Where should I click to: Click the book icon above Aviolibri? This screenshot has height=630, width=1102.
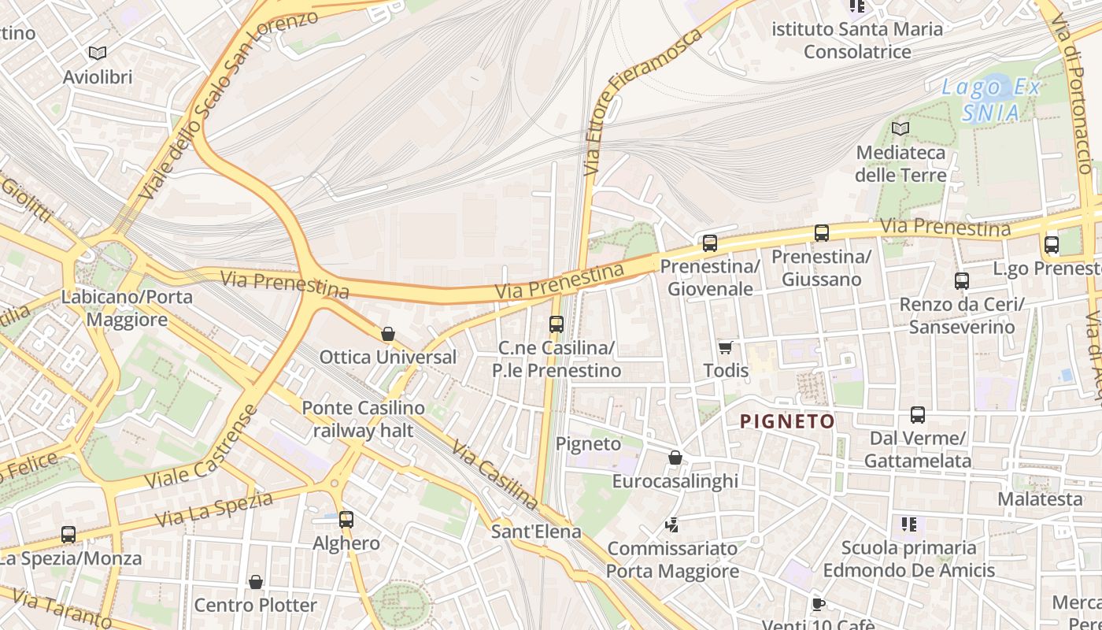coord(98,53)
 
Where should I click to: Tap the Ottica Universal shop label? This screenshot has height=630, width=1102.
coord(387,357)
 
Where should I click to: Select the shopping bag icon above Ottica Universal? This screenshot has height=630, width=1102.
coord(387,334)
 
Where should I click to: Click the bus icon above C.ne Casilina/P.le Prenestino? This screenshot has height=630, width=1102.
coord(556,324)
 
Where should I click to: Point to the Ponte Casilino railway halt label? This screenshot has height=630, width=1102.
coord(363,419)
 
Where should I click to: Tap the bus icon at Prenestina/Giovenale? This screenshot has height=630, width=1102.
coord(709,243)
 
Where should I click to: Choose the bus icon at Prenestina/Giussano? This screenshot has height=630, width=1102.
coord(821,233)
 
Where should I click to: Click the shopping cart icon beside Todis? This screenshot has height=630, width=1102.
coord(725,347)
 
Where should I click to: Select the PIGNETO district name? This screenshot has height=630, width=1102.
coord(787,421)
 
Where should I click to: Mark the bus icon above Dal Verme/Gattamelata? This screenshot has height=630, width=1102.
coord(917,415)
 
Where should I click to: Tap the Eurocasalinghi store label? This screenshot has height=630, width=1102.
coord(675,480)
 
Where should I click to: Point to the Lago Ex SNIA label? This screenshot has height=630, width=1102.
coord(991,100)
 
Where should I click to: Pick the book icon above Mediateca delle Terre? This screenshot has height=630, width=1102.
coord(900,128)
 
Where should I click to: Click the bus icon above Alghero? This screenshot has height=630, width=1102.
coord(346,520)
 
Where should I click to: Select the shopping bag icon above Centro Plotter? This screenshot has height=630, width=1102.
coord(255,582)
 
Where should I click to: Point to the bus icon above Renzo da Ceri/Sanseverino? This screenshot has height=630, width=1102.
coord(961,281)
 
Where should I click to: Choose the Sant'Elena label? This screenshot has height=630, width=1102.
coord(536,531)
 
